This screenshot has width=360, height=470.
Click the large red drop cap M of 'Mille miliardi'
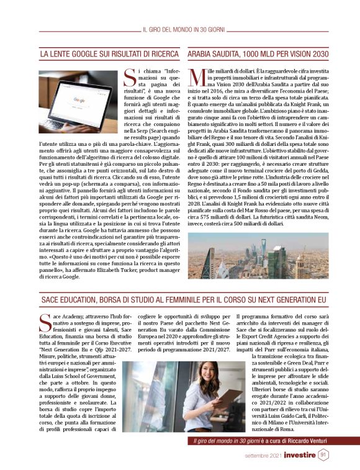(196, 78)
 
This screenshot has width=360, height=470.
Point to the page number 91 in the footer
(323, 454)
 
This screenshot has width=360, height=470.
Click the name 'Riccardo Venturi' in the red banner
(301, 440)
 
